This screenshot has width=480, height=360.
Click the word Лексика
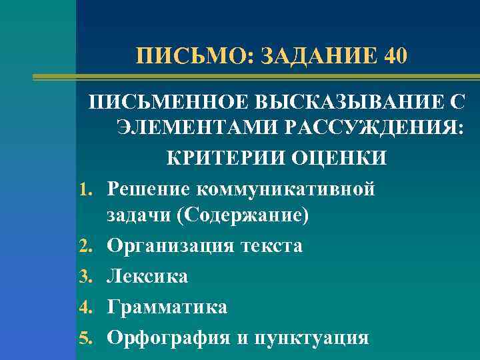coord(147,276)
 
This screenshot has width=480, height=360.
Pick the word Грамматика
coord(167,307)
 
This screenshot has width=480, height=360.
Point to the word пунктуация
coord(309,337)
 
